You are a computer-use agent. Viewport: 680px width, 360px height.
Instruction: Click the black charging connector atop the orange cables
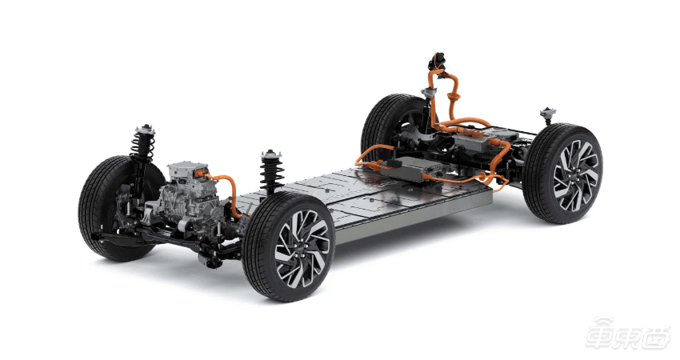[x=438, y=61]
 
